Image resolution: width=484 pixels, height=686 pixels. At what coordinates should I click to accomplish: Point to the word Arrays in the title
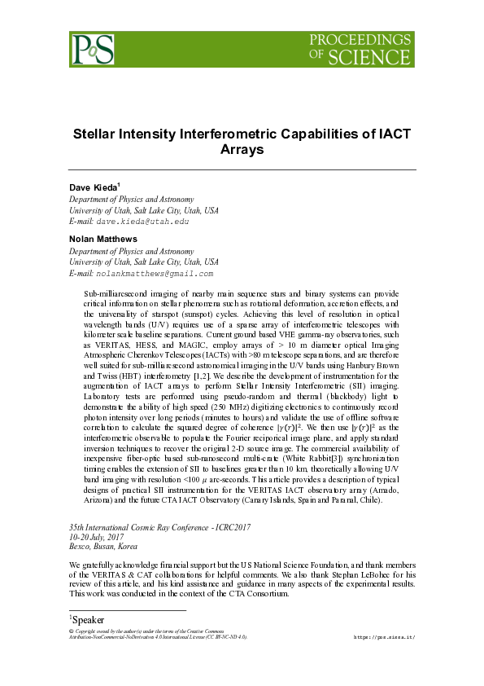(x=242, y=150)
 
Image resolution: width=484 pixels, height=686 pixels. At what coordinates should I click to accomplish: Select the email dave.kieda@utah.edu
(x=142, y=221)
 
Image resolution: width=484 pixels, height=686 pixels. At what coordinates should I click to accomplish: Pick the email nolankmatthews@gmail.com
(x=154, y=274)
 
